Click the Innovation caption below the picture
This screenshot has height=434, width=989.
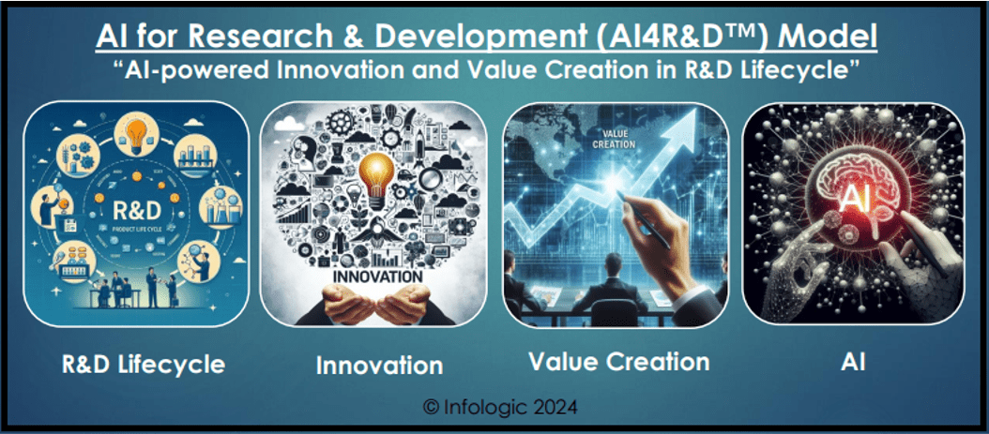coord(378,364)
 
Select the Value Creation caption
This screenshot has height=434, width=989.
coord(618,361)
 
